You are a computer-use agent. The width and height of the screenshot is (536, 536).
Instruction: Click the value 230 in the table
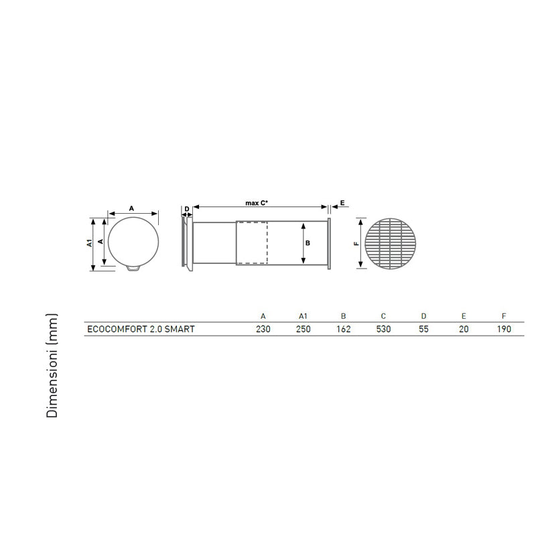(263, 329)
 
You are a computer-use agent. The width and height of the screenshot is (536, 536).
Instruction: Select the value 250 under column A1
(303, 329)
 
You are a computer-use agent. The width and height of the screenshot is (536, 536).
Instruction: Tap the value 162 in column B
(343, 329)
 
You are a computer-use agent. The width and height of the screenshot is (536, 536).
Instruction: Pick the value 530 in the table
(383, 329)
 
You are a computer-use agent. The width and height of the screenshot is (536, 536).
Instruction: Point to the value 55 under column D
(423, 329)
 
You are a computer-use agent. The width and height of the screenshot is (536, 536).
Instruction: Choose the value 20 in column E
(464, 329)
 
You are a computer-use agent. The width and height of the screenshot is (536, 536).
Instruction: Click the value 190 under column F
(504, 329)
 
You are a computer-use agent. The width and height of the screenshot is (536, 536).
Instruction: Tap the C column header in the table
(383, 315)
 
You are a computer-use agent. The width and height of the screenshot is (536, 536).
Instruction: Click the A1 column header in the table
(303, 315)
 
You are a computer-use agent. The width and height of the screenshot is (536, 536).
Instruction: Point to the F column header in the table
(504, 315)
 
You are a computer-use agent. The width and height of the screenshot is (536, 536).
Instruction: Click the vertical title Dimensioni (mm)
(52, 365)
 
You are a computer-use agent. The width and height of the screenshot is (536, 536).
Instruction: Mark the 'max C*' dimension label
(257, 202)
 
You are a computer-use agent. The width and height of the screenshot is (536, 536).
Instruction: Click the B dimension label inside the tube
(308, 243)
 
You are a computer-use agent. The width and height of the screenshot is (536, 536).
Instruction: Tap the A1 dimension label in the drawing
(89, 243)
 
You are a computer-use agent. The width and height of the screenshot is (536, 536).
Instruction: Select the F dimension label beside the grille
(355, 243)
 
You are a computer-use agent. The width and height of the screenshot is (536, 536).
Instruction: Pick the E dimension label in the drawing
(342, 202)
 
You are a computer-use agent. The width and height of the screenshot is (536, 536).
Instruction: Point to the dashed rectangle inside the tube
(251, 243)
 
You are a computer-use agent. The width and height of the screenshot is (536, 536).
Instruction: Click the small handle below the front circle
(133, 269)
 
